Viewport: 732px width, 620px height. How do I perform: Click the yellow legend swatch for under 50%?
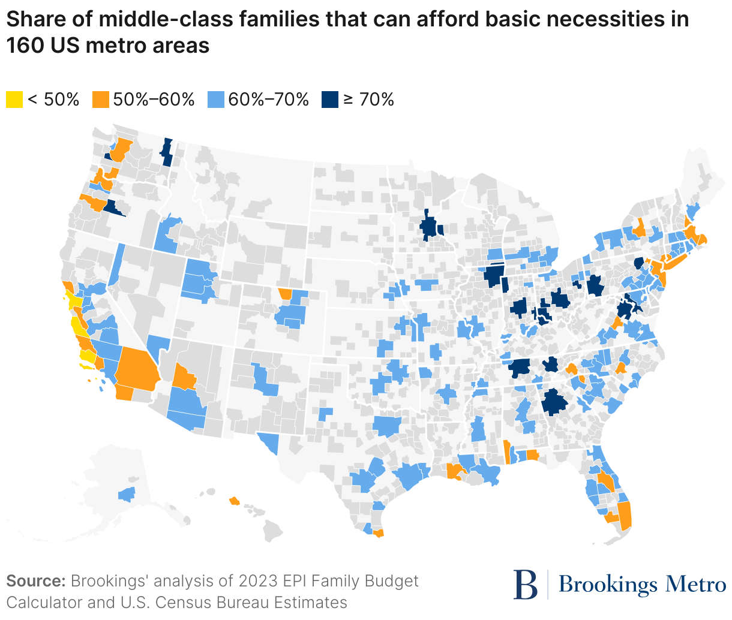tap(14, 100)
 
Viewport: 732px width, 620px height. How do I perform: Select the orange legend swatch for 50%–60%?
tap(101, 100)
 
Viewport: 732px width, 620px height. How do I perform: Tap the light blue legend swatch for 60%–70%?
tap(215, 100)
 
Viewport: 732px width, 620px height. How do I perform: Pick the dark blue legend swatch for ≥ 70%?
tap(329, 100)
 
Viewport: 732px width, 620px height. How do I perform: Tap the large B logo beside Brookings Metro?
tap(526, 584)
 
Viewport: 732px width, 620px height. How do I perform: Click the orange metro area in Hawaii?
tap(235, 500)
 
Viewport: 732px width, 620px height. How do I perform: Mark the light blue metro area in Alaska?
tap(127, 494)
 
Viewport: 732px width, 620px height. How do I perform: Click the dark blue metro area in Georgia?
tap(554, 402)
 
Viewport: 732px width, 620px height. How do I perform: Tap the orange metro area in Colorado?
tap(285, 294)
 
